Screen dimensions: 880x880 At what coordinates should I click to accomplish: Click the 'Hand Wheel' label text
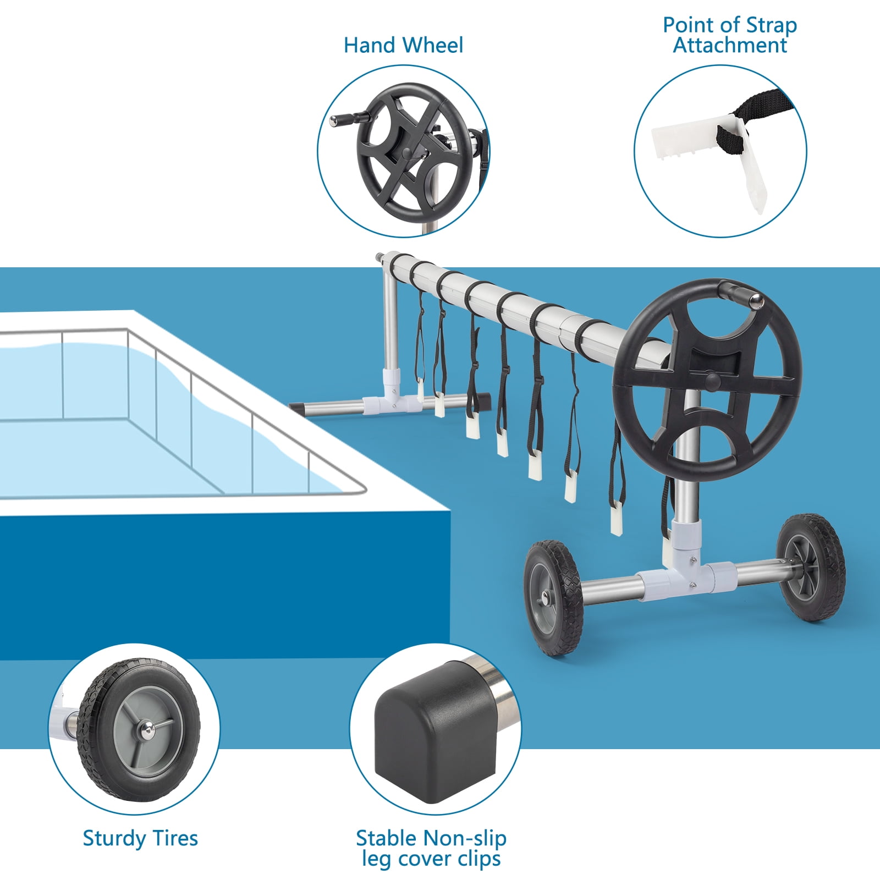[x=403, y=45]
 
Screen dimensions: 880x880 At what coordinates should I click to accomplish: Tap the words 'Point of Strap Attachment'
[x=729, y=35]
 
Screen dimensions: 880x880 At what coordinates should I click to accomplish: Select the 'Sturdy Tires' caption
[x=140, y=838]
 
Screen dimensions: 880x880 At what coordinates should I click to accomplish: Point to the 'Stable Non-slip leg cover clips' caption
[x=431, y=848]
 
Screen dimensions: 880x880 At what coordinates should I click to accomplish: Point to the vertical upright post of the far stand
[x=389, y=324]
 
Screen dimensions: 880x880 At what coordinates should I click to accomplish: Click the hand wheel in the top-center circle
[x=413, y=144]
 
